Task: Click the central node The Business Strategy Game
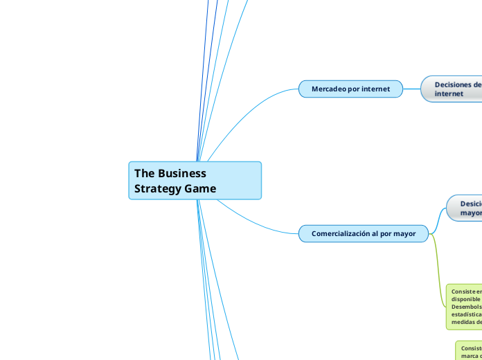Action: tap(195, 181)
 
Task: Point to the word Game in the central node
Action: tap(200, 188)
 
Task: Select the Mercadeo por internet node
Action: tap(350, 89)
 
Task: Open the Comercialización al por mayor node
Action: tap(364, 233)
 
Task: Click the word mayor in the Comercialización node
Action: tap(404, 233)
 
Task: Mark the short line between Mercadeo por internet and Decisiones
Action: tap(412, 89)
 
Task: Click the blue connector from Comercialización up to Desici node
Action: tap(438, 218)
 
